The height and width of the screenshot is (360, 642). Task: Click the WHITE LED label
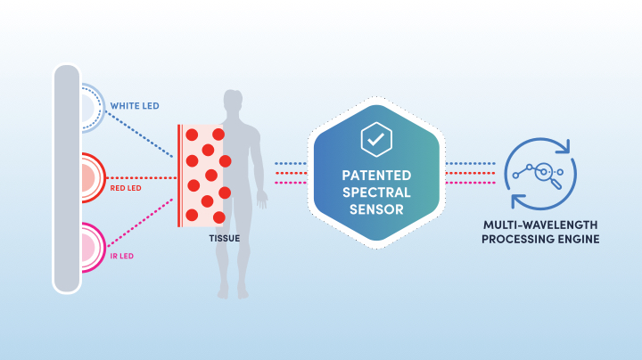click(135, 106)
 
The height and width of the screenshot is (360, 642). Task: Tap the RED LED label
click(126, 188)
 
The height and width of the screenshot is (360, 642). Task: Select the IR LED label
click(122, 256)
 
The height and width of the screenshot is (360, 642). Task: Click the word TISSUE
click(225, 239)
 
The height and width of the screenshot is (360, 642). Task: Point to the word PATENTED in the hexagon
click(376, 176)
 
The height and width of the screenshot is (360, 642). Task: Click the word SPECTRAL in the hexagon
click(376, 192)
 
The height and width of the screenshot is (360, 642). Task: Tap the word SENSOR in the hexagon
click(376, 210)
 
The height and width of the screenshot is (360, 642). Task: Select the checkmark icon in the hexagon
click(376, 140)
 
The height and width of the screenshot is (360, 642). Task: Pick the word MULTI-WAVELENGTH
click(540, 225)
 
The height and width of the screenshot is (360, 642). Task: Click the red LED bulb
click(94, 177)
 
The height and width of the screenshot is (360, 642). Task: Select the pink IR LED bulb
click(94, 248)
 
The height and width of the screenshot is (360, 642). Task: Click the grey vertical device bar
click(67, 178)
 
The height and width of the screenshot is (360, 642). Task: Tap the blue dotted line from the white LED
click(139, 135)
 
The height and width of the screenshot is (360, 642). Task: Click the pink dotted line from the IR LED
click(140, 223)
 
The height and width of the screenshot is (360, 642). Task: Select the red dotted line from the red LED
click(142, 178)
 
